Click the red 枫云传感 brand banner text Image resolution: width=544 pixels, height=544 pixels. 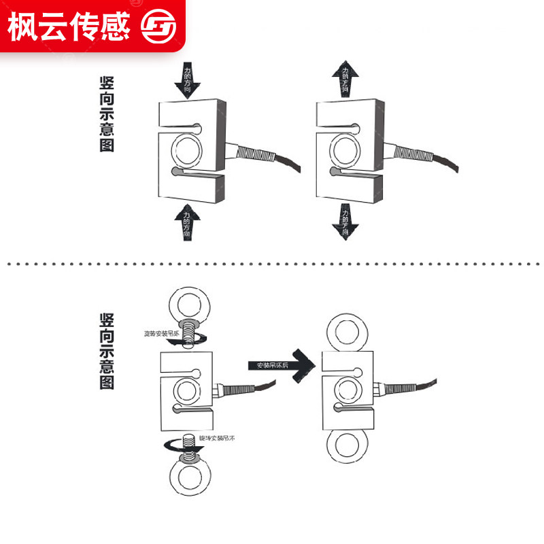coord(69,26)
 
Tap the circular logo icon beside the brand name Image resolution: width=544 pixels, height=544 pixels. coord(158,27)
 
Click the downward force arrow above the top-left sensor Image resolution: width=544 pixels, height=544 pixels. coord(187,80)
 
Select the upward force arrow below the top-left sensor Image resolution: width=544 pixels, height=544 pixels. coord(187,222)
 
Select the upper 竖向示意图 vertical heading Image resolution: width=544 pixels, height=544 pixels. coord(107,114)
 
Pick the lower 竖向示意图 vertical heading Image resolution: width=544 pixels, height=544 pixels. coord(107,351)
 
